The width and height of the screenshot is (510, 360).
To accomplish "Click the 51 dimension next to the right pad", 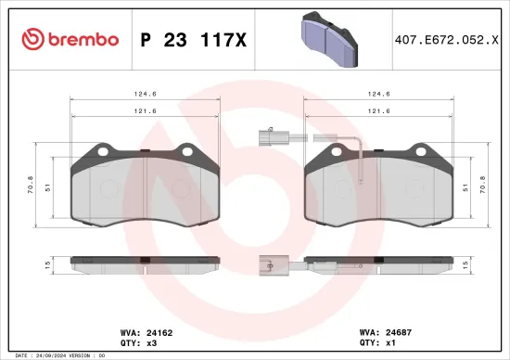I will [463, 186].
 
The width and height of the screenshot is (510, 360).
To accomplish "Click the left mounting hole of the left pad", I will [102, 153].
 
